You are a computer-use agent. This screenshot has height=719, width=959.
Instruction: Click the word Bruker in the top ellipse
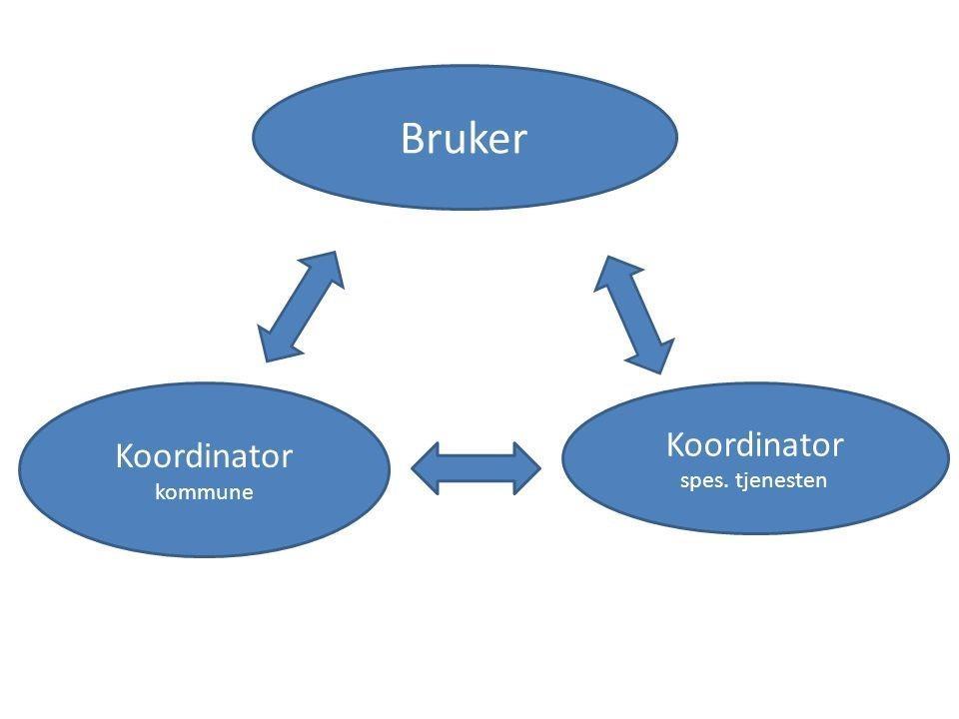464,138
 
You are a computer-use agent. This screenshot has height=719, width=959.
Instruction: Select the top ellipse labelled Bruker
465,137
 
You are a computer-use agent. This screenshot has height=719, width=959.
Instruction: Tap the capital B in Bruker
413,138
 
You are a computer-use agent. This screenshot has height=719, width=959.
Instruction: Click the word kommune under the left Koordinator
204,492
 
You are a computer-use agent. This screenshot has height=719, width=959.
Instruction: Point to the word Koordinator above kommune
204,456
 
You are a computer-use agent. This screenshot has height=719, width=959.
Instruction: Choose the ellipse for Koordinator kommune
204,469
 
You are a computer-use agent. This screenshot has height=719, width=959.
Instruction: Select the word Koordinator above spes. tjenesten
755,444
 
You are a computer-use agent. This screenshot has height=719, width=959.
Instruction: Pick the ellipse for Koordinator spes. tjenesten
755,458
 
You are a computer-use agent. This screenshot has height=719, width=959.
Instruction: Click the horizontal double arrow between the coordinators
476,468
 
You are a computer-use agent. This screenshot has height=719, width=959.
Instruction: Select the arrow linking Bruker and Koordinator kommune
301,307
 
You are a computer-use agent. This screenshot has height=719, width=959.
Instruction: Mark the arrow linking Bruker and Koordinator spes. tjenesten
634,315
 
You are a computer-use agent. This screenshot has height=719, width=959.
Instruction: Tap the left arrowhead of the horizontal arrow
425,468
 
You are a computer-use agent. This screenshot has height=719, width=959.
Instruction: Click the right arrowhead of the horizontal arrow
527,468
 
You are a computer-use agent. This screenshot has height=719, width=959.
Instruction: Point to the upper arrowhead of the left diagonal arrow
328,268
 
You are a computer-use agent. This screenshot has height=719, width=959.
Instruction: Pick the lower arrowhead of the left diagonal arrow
275,344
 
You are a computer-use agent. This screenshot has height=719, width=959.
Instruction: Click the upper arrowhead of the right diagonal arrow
613,273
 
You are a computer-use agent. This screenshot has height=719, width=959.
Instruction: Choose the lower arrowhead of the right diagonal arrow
655,357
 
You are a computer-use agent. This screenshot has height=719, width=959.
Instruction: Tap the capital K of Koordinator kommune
125,456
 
